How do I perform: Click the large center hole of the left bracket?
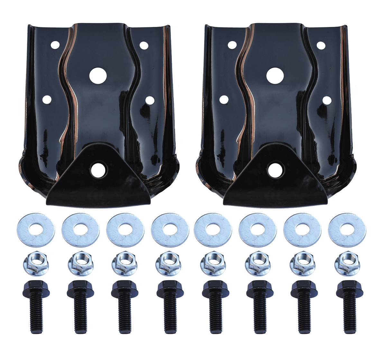click(x=98, y=75)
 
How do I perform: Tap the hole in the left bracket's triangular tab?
click(x=97, y=170)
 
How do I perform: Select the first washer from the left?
click(x=35, y=229)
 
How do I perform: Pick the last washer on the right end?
click(x=347, y=229)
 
